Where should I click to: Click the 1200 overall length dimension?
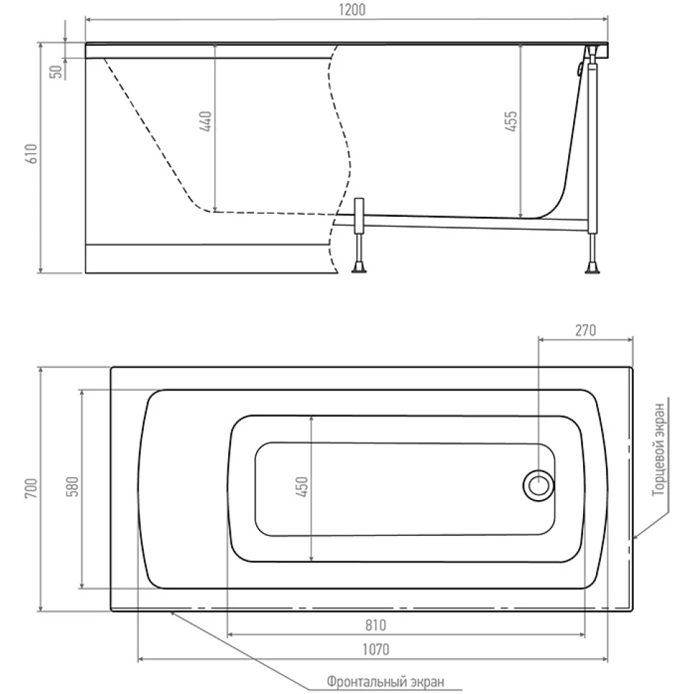352,10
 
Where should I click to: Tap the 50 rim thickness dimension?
56,72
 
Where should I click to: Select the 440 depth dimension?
206,122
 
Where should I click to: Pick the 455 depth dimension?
512,122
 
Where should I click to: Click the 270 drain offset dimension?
585,330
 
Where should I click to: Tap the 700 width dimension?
31,489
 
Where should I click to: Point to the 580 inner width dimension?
72,487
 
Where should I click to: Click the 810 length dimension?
376,625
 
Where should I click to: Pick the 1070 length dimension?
376,650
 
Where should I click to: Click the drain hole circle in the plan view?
538,485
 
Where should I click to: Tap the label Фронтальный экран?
386,681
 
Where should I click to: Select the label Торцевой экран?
659,449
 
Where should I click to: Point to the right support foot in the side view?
592,266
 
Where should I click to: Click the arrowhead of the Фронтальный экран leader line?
172,613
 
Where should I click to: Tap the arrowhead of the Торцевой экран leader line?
635,537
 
